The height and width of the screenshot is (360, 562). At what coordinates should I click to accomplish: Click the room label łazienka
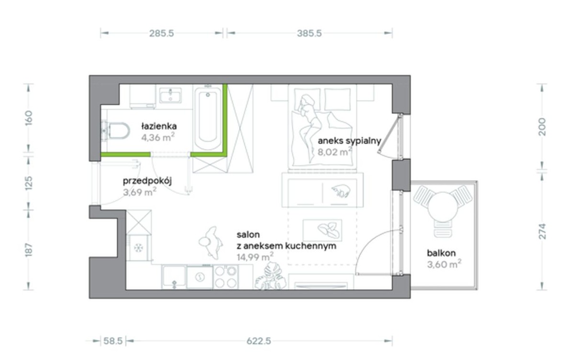coord(159,126)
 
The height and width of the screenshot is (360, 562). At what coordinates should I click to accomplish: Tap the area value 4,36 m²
coord(158,137)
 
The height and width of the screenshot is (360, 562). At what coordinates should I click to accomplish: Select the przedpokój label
coord(147,181)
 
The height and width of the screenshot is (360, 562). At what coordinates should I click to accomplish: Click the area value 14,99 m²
coord(255,257)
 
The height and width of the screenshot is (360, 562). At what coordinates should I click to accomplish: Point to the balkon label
coord(441,253)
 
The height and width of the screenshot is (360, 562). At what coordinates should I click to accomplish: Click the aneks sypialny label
coord(349,141)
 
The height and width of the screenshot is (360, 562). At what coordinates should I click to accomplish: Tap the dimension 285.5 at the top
coord(161,34)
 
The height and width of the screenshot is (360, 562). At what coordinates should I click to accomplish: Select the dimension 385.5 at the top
coord(310,34)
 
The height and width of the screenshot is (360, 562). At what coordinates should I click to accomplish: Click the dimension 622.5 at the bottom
coord(259,341)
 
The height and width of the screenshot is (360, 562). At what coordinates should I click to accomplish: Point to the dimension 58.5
coord(113,341)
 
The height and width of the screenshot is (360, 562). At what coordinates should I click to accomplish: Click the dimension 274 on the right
coord(542,231)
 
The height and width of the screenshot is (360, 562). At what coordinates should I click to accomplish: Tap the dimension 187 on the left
coord(29,250)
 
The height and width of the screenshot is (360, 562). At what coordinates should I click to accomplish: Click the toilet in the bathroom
coord(116,130)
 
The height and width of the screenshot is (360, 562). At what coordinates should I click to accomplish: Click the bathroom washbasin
coord(170,95)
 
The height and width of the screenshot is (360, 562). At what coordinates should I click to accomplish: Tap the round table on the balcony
coord(443,207)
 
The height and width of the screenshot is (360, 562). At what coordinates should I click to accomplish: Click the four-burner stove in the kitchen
coord(226,277)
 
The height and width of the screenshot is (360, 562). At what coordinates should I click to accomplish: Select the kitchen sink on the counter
coord(200,277)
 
